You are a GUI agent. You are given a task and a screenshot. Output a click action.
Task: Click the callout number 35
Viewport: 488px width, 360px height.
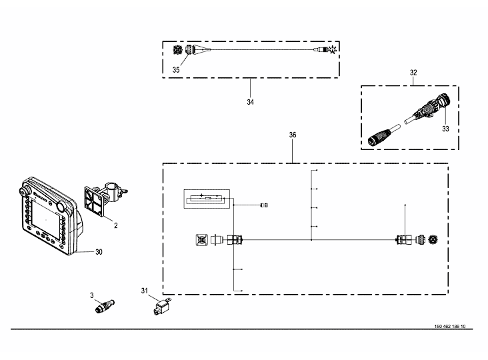pyautogui.click(x=176, y=70)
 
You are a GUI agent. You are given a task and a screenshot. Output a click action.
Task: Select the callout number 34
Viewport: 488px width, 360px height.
pyautogui.click(x=251, y=102)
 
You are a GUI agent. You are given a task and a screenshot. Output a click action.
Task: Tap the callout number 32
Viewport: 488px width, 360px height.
pyautogui.click(x=413, y=73)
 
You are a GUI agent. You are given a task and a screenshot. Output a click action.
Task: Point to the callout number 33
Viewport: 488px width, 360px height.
pyautogui.click(x=446, y=129)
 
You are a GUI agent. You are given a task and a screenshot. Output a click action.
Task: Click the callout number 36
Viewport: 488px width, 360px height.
pyautogui.click(x=293, y=135)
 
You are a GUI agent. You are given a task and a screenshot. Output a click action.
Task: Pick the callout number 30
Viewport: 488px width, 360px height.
pyautogui.click(x=99, y=252)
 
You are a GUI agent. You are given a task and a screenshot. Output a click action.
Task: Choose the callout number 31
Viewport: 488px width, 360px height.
pyautogui.click(x=145, y=291)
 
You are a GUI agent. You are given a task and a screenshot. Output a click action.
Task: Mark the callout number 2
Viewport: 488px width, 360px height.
pyautogui.click(x=116, y=225)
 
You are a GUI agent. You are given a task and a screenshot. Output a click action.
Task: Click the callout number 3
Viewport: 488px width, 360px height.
pyautogui.click(x=92, y=295)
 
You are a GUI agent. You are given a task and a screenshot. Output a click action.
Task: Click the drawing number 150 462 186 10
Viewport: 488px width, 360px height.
pyautogui.click(x=450, y=327)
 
